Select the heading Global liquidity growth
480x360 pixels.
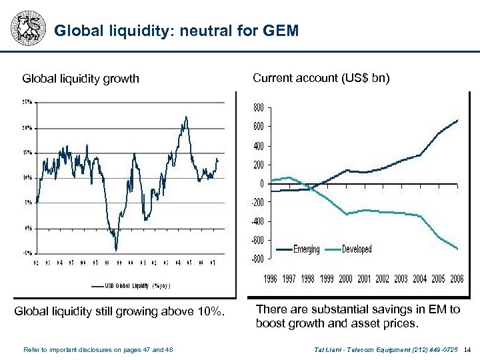(81, 79)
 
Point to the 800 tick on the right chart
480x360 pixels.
(257, 107)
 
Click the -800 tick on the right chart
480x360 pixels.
(256, 259)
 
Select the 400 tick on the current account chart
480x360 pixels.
(257, 145)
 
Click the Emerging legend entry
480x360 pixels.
(305, 249)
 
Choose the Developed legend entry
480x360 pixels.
(357, 249)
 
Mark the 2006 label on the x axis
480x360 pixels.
(457, 279)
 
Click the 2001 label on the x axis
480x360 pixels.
(364, 279)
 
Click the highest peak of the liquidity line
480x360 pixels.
(186, 117)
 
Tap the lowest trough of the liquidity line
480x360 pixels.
(116, 250)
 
